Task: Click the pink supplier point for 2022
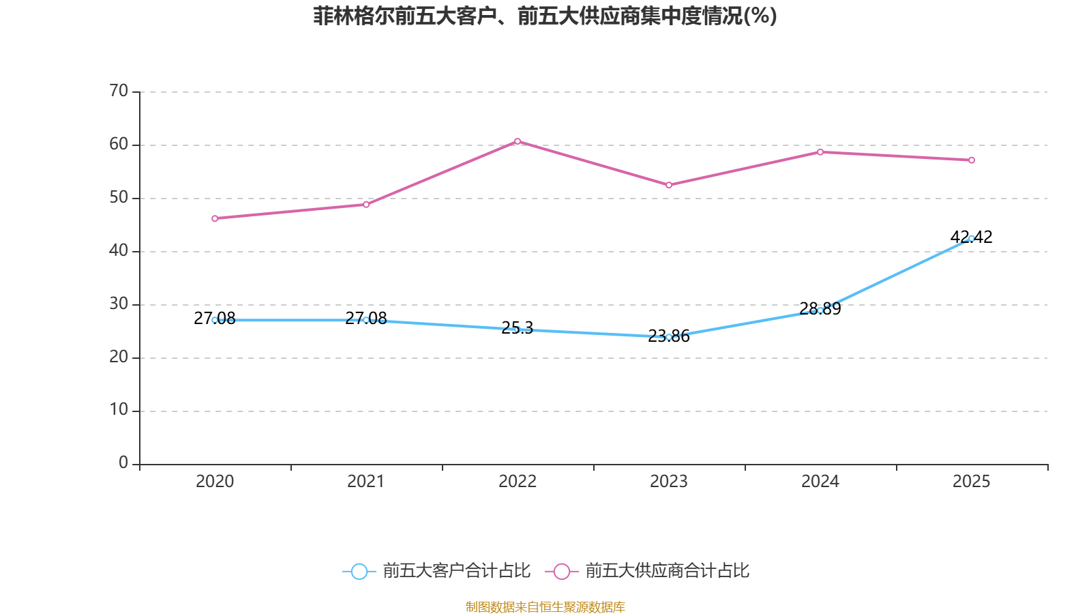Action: click(x=518, y=141)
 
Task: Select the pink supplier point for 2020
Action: click(x=215, y=218)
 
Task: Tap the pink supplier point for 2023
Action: click(x=669, y=185)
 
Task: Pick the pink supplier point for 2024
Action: click(x=820, y=151)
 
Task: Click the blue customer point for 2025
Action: click(x=972, y=238)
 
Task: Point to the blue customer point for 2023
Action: click(x=669, y=337)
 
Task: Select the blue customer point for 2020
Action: click(x=215, y=320)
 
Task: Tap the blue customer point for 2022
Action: click(x=518, y=330)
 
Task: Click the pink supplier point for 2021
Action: click(x=366, y=204)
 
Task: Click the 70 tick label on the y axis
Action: click(x=119, y=91)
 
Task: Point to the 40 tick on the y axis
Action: click(x=119, y=250)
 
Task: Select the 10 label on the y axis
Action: click(x=119, y=410)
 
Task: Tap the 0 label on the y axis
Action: click(x=123, y=463)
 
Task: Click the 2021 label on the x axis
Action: click(x=366, y=482)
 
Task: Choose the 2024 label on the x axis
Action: click(x=820, y=482)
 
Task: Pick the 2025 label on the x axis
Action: click(x=971, y=482)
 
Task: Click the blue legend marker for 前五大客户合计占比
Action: click(x=359, y=571)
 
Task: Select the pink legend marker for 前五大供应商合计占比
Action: click(x=561, y=571)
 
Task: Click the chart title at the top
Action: click(x=545, y=16)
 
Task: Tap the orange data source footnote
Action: click(x=545, y=606)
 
